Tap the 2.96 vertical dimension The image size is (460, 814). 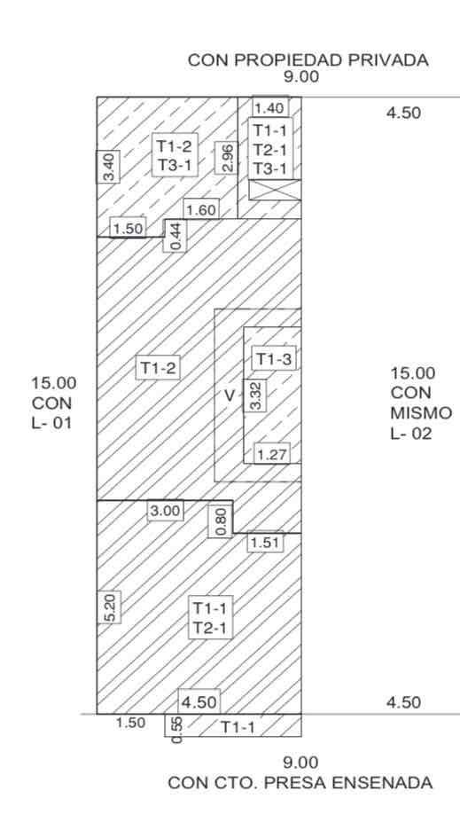[226, 157]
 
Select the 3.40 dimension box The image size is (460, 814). [108, 167]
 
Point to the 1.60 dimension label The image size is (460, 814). [201, 210]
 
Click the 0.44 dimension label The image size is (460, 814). [175, 235]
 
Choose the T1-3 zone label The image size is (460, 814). [274, 358]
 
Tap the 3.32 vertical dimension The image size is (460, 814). [255, 395]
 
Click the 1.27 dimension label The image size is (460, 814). [271, 455]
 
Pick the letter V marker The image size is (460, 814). [229, 396]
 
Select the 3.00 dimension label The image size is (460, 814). [165, 511]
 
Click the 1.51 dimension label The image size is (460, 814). [265, 543]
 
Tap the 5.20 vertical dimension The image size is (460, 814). [109, 607]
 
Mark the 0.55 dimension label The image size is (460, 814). [175, 730]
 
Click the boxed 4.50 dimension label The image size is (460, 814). [199, 702]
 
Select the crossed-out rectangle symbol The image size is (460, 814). [275, 190]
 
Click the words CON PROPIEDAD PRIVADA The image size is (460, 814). [308, 59]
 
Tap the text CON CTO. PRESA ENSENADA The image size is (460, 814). [300, 782]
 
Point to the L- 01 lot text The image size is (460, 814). [52, 423]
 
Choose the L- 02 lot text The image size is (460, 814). [410, 433]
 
